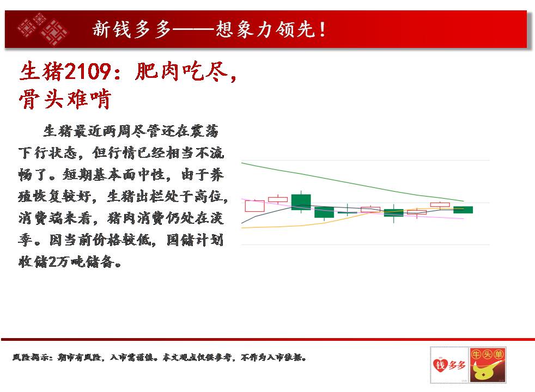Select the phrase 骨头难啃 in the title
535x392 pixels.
(65, 99)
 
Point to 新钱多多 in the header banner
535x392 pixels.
(131, 29)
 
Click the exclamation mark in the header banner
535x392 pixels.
(323, 29)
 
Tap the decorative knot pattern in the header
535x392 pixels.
(43, 29)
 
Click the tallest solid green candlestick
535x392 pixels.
(301, 202)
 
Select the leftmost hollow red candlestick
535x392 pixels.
(255, 206)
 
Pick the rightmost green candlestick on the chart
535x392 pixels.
(463, 210)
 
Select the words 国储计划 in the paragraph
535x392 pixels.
(195, 240)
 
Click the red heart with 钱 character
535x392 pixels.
(441, 365)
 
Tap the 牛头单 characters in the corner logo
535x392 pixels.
(487, 354)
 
